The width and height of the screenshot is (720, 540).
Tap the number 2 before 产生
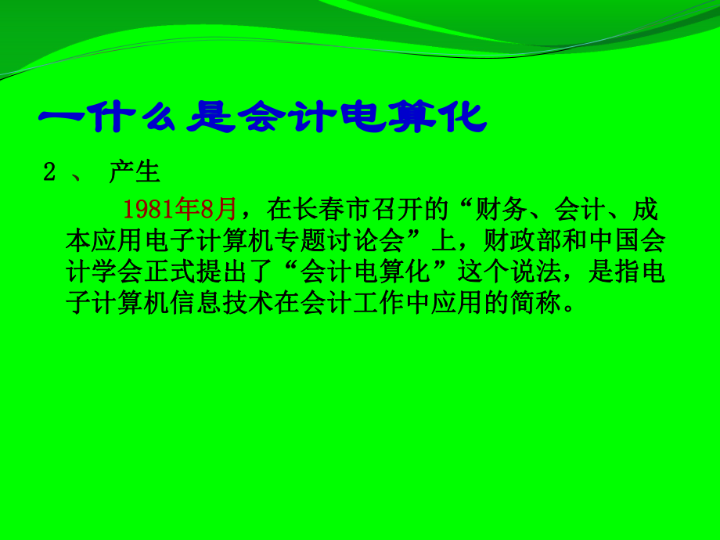point(49,173)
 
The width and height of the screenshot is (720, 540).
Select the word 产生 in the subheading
point(134,173)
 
